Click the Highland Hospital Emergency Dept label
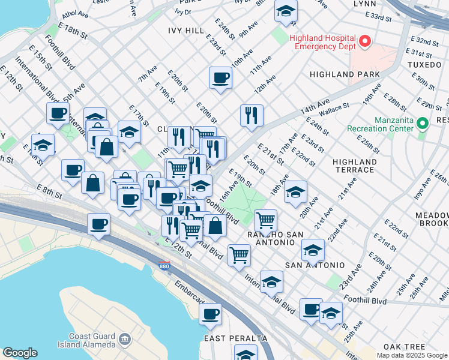[x=324, y=43]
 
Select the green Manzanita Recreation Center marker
[x=423, y=124]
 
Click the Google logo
[x=20, y=353]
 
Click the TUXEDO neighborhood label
[x=424, y=64]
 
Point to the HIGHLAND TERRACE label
[x=355, y=166]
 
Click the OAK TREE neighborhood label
[x=405, y=347]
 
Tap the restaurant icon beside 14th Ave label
[x=252, y=114]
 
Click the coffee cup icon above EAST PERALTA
[x=210, y=313]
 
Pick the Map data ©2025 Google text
[x=411, y=355]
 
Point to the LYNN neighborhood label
[x=364, y=4]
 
